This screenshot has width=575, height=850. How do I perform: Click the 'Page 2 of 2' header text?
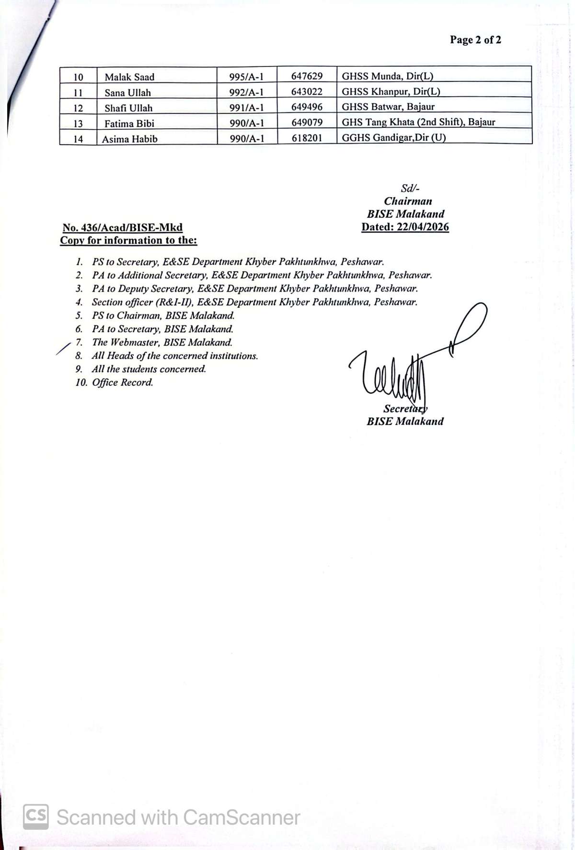(475, 40)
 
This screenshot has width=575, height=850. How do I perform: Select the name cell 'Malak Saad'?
(129, 77)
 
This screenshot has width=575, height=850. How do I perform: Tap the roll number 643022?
(307, 91)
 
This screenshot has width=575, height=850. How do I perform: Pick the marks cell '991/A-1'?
(246, 108)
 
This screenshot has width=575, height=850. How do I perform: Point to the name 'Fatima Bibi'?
(129, 123)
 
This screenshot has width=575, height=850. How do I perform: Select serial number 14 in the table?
(78, 139)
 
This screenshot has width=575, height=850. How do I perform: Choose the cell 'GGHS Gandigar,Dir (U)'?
(393, 138)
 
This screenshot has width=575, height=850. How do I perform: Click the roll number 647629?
(307, 76)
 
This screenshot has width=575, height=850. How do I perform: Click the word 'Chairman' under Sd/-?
(408, 201)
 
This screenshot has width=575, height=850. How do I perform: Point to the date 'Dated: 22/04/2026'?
(405, 227)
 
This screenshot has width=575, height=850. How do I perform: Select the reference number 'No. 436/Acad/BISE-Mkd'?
(122, 228)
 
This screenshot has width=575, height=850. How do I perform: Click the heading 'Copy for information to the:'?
(128, 240)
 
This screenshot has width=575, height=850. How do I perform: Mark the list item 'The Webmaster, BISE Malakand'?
(162, 342)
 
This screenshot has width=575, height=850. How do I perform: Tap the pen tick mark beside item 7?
(63, 349)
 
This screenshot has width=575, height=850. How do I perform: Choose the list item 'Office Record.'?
(123, 382)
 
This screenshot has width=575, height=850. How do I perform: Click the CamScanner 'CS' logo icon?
(35, 816)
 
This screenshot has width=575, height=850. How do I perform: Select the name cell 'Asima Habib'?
(129, 139)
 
